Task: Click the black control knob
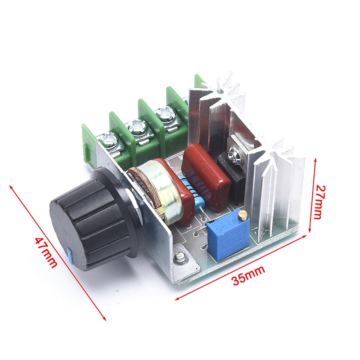point(90,220)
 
